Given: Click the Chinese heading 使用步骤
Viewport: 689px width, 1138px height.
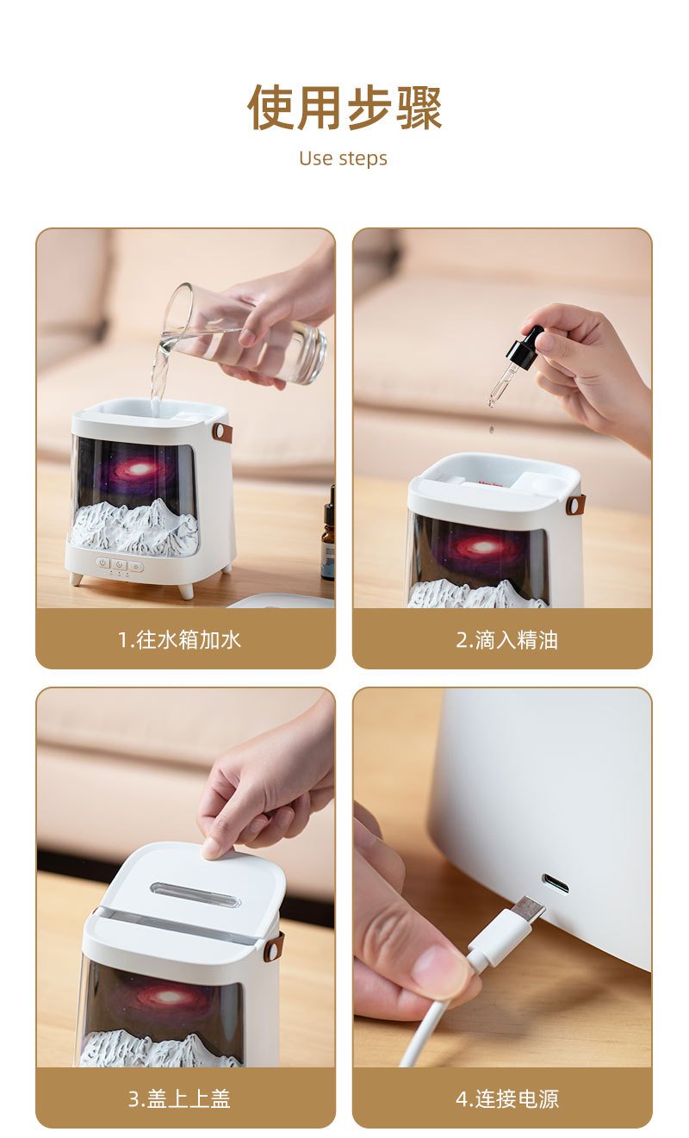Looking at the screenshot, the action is tap(344, 108).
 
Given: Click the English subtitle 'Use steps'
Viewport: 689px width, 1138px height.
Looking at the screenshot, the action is tap(344, 159).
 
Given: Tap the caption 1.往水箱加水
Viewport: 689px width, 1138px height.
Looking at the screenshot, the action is tap(179, 639).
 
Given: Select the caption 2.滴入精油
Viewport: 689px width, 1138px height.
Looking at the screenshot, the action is tap(506, 639).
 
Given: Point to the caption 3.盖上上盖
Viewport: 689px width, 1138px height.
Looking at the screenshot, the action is tap(179, 1099).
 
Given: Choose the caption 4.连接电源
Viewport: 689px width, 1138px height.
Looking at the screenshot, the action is tap(506, 1099).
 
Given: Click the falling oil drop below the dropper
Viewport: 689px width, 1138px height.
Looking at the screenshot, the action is tap(491, 429).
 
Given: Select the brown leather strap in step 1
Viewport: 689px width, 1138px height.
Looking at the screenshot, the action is tap(222, 432).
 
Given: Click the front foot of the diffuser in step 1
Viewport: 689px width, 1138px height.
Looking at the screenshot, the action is tap(186, 591).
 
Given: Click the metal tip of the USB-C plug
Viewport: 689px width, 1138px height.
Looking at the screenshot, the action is tap(529, 907).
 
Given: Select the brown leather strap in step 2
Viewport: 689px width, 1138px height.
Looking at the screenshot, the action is tap(575, 504).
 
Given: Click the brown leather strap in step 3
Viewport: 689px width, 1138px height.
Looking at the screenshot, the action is tap(274, 947).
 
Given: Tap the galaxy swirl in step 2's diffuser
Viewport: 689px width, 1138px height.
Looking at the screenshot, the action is tap(480, 547).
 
